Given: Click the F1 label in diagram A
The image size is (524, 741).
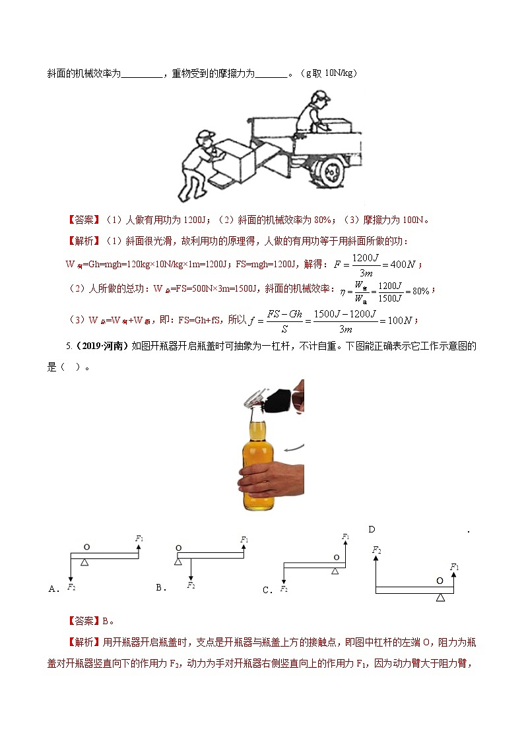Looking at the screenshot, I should tap(139, 538).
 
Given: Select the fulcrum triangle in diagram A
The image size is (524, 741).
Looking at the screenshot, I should tap(84, 562).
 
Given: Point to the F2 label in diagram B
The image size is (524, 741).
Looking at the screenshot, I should tap(191, 585).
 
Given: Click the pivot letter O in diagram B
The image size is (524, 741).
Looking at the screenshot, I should tap(179, 548).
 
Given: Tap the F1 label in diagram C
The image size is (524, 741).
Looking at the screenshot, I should tap(345, 536).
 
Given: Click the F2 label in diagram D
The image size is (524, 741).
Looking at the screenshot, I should tap(376, 549).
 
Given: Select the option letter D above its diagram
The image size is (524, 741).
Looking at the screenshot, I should tap(372, 529).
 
